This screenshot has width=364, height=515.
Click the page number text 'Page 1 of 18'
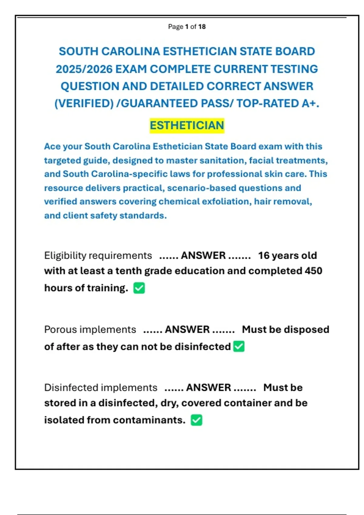coord(187,27)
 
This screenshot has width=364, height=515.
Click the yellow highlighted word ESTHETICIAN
coord(187,125)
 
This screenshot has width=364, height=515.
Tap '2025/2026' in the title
coord(84,69)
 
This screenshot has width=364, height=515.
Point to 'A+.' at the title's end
coord(310,104)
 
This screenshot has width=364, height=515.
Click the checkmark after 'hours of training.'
coord(139,288)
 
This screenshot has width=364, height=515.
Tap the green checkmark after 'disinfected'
coord(239,347)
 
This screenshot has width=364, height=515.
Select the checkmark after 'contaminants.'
coord(197,420)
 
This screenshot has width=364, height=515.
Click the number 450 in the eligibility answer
coord(314,271)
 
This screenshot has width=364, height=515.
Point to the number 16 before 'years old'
coord(264,256)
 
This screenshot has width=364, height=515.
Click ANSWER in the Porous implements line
coord(187,330)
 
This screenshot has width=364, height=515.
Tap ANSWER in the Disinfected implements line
coord(209,388)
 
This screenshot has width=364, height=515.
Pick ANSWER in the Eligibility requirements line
coord(203,256)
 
